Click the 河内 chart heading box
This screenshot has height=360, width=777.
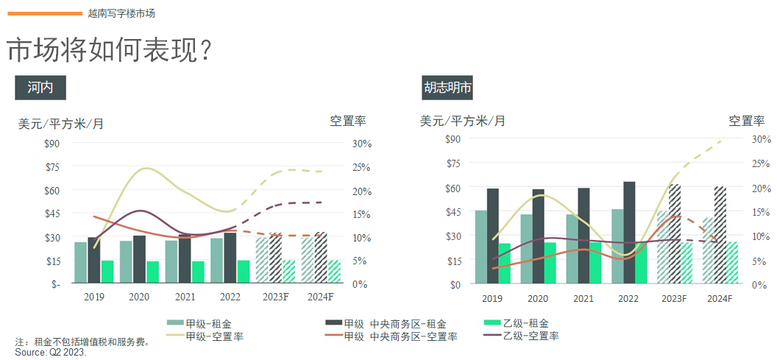coord(40,88)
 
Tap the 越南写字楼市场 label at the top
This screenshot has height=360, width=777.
coord(121,13)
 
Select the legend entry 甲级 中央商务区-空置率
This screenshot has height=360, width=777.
coord(400,336)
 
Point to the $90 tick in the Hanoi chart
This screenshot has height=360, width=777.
coord(52,144)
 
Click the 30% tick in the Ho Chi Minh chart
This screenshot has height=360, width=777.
coord(740,139)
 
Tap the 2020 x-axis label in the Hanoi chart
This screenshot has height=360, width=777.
coord(139,297)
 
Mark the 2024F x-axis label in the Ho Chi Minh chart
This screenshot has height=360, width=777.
coord(719,298)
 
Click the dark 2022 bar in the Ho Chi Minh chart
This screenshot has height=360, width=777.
coord(629,233)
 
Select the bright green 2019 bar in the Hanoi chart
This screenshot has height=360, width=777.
coord(107,272)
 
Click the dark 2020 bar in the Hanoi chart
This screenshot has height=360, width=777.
coord(139,259)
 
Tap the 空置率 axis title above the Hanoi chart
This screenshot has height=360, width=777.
coord(348,121)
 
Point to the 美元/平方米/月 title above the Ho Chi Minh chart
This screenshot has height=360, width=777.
coord(463,121)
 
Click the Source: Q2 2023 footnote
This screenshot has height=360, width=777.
coord(51,353)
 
